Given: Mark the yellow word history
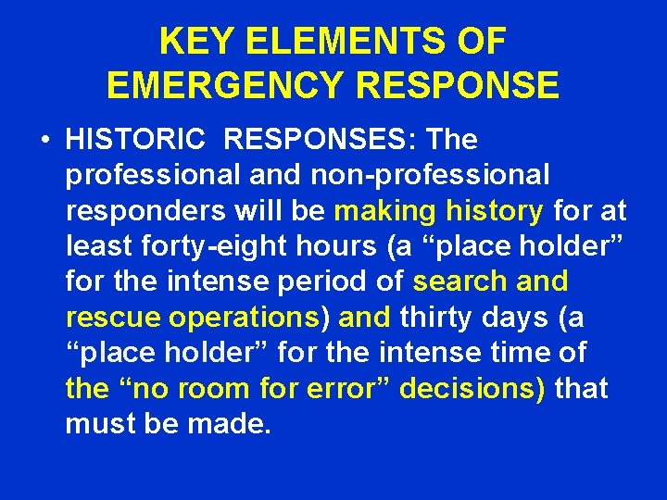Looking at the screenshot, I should point(494,212).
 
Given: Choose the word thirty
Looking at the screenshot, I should point(444,318).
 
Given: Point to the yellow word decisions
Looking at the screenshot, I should point(473,388).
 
